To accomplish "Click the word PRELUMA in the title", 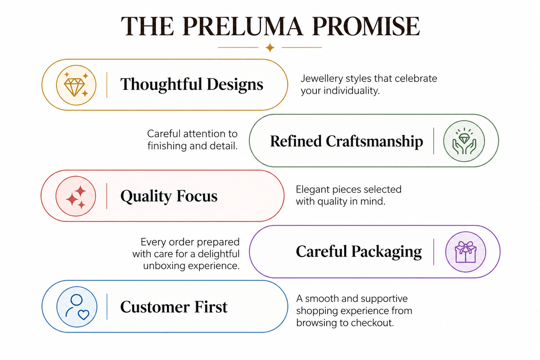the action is tap(242, 26).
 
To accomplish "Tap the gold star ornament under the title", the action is tap(270, 48).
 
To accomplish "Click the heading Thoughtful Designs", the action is tap(192, 85).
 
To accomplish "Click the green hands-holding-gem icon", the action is tap(464, 141).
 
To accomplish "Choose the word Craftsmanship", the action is tap(374, 141).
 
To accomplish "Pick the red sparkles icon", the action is tap(76, 196).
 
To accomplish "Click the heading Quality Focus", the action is tap(169, 196).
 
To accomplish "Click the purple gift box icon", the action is tap(465, 252).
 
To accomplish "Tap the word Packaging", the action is tap(387, 252).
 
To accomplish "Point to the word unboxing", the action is tap(164, 265).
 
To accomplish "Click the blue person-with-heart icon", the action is tap(77, 307).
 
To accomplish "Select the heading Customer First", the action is tap(174, 307).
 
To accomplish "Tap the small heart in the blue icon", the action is tap(83, 315).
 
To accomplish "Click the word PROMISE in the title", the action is tap(366, 26).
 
